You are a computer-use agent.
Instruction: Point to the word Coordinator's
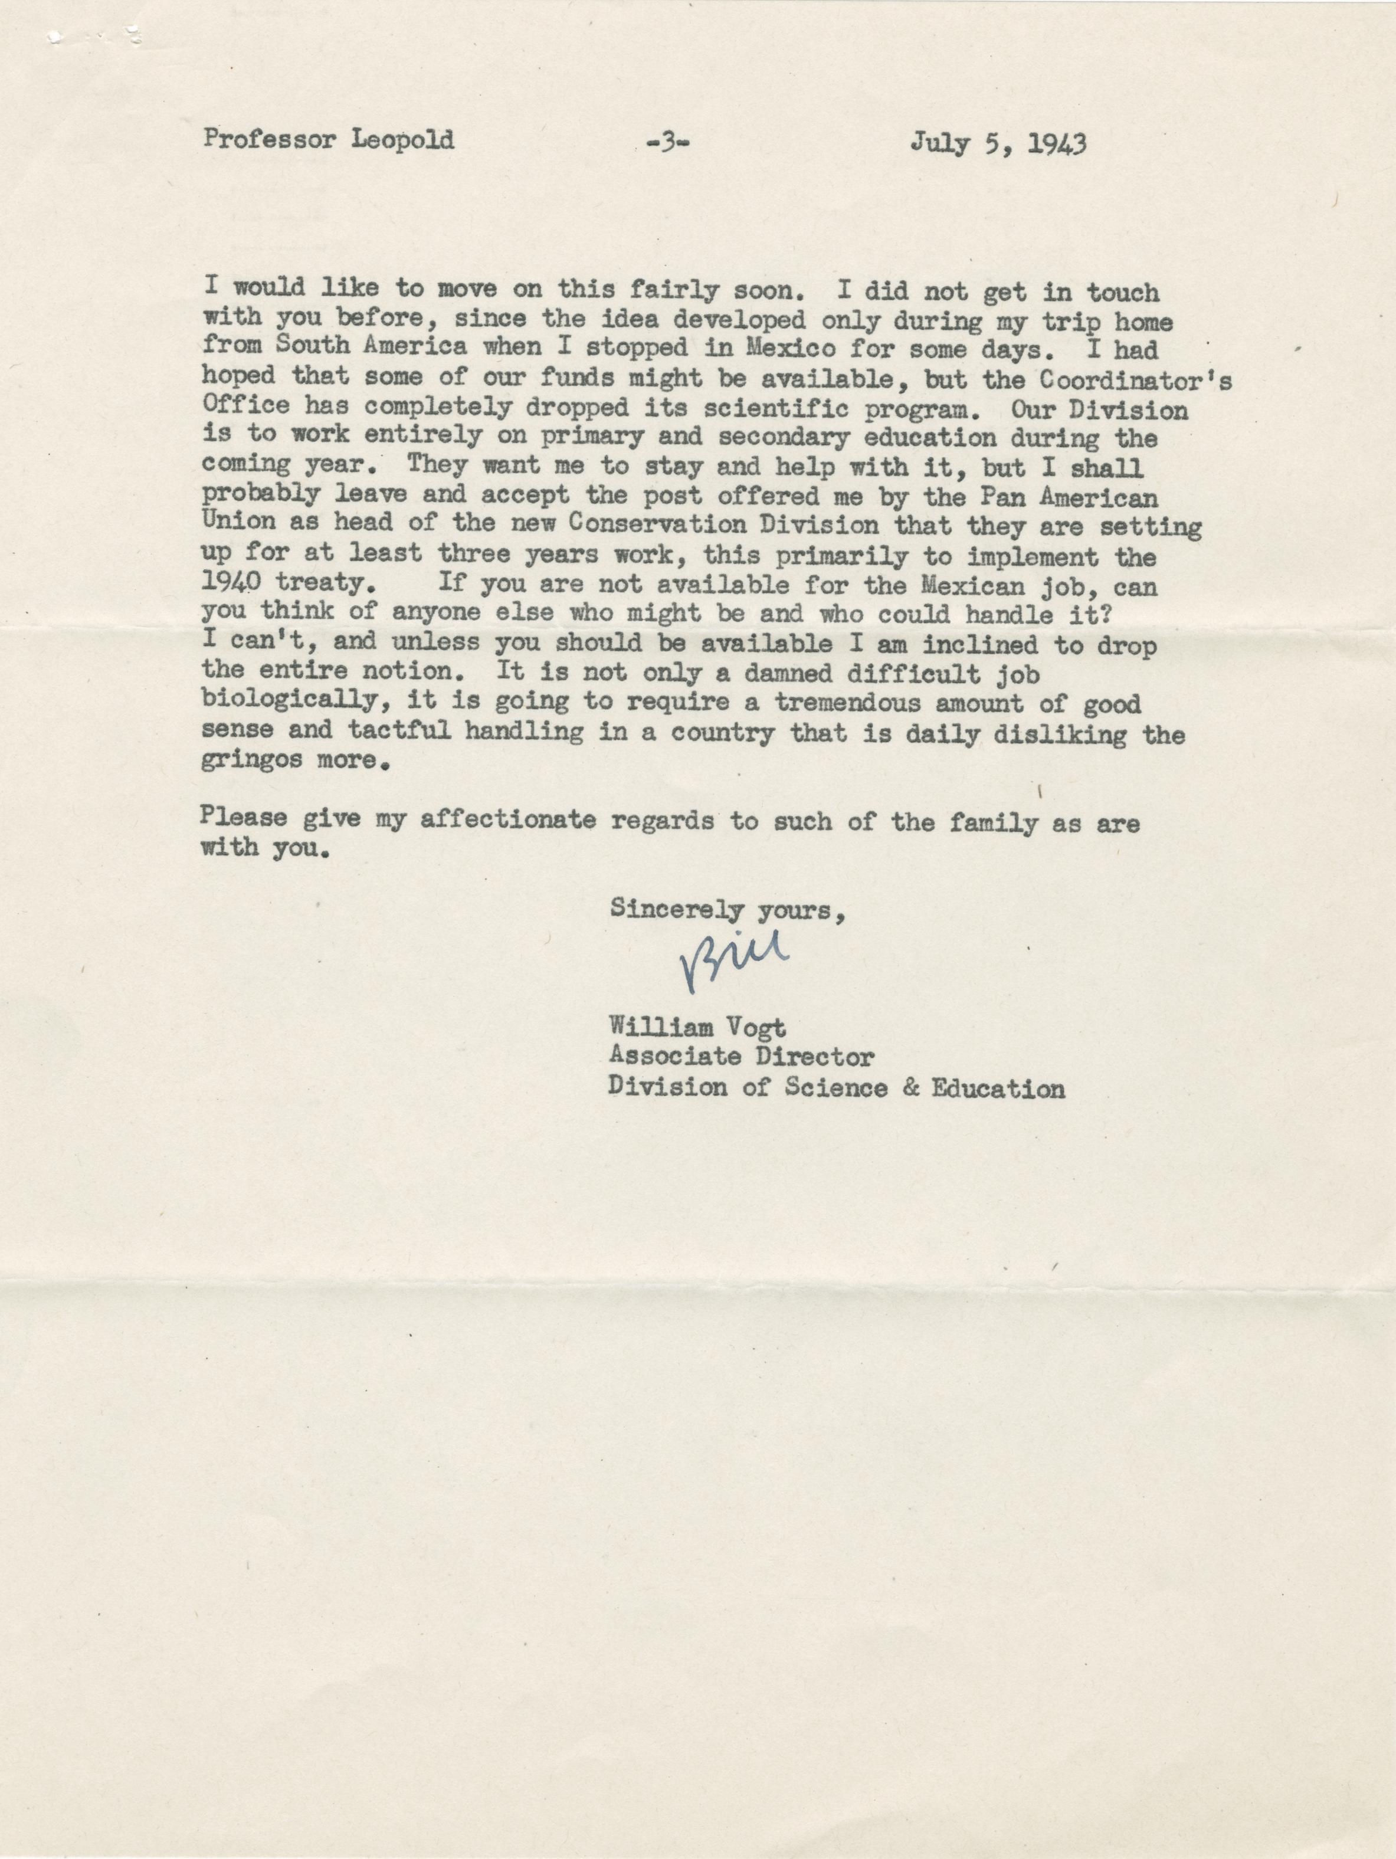1136,380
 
